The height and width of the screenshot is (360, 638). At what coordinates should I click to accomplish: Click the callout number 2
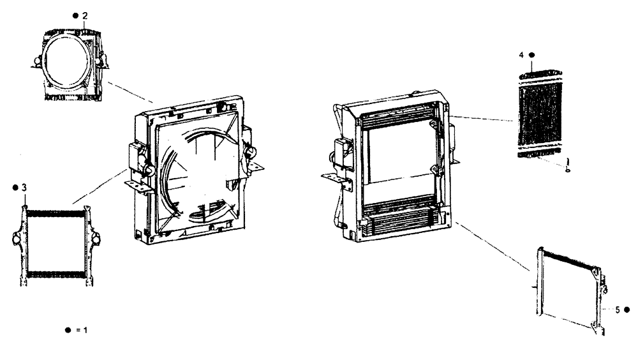click(x=85, y=15)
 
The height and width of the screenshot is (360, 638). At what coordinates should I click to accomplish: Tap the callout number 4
click(x=521, y=56)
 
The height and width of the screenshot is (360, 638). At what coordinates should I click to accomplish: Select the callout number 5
click(x=618, y=310)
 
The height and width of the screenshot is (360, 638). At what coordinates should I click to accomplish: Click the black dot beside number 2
click(x=75, y=15)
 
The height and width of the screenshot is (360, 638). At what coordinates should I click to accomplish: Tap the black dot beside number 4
click(x=531, y=56)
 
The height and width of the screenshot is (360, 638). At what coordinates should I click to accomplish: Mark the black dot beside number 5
click(x=627, y=310)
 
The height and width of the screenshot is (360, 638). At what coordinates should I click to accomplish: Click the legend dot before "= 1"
click(x=67, y=330)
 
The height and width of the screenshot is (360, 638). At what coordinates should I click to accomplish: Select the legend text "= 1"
click(x=81, y=330)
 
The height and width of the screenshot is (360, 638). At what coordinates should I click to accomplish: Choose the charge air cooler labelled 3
click(x=54, y=243)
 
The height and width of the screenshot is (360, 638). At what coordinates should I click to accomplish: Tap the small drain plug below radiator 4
click(x=567, y=167)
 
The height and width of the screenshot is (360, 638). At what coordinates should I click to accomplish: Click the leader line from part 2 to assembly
click(x=131, y=92)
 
